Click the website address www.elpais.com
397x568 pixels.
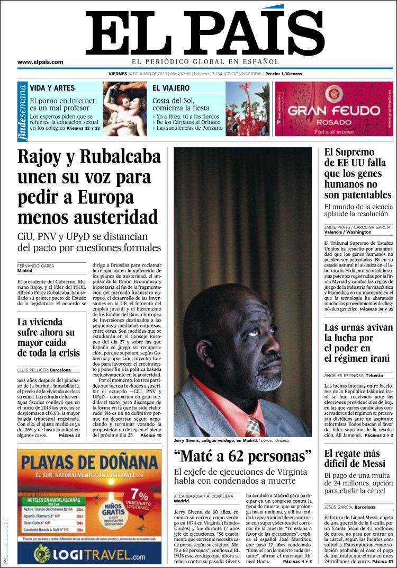point(40,62)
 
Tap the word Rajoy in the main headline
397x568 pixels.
point(44,157)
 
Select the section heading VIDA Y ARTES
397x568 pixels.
point(52,88)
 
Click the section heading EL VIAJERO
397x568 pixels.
point(172,88)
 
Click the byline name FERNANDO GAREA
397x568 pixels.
point(35,266)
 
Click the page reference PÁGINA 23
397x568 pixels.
point(70,435)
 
